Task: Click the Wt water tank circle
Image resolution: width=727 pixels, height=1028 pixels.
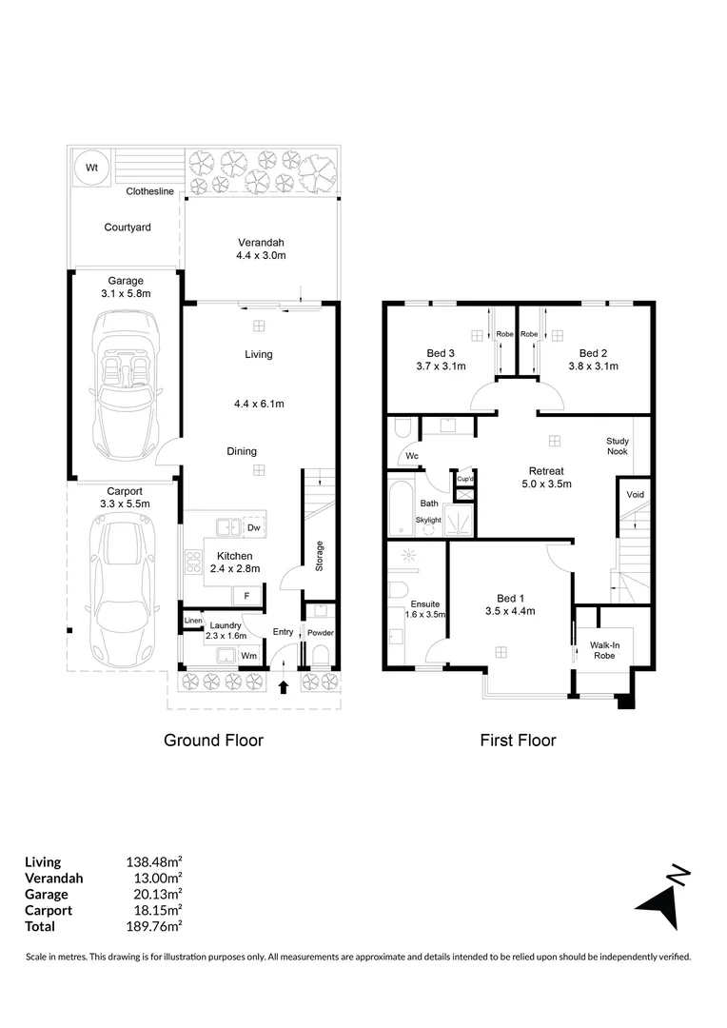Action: [x=92, y=167]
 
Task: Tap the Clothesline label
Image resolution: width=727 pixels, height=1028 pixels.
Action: [x=150, y=191]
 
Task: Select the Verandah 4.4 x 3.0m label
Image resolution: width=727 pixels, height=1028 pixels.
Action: [x=261, y=248]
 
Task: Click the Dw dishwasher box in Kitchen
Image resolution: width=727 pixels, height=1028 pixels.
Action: [x=252, y=527]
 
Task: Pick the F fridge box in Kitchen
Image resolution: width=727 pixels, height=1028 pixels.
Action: [x=246, y=596]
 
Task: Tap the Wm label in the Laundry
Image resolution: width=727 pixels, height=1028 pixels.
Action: [x=248, y=656]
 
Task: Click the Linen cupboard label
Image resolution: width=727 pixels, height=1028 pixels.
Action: [x=194, y=621]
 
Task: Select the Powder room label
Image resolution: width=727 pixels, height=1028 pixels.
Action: [x=321, y=633]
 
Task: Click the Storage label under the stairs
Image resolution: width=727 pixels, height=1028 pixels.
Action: [x=320, y=555]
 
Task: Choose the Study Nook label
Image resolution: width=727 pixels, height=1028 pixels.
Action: [x=624, y=446]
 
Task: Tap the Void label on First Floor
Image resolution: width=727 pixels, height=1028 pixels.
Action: [x=635, y=495]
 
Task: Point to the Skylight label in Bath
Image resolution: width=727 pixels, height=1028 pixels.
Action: [x=429, y=520]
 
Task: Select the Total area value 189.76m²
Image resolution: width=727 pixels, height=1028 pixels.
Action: [x=154, y=926]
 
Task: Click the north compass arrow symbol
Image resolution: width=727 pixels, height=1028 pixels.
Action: [x=662, y=898]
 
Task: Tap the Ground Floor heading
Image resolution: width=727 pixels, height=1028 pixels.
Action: [x=213, y=740]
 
